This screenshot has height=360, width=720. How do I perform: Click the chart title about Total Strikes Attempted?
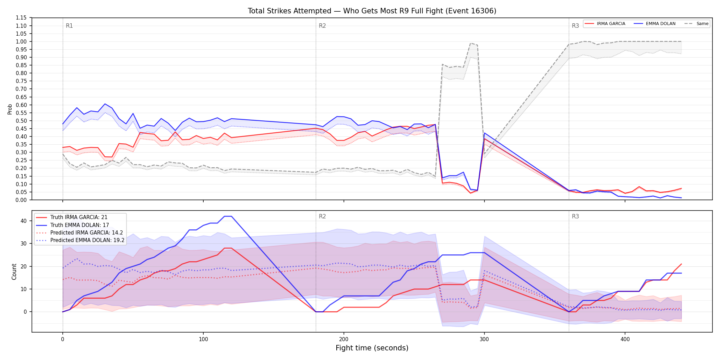372,11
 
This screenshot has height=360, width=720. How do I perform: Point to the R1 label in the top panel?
69,26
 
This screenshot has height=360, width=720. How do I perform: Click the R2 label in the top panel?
322,26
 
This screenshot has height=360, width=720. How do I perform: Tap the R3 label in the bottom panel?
575,216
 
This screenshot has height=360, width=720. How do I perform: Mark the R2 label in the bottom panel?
322,216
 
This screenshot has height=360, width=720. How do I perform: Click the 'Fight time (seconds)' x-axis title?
372,348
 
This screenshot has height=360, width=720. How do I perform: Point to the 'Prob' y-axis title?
10,109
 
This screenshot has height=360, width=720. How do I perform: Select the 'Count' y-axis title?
14,272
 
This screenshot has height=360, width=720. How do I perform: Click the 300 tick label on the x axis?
484,339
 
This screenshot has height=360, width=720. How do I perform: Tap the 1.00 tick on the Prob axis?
21,41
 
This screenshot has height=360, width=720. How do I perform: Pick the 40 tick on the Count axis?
24,221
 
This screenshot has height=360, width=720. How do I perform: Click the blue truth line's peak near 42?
228,216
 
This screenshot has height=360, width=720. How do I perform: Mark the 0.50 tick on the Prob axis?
21,121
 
